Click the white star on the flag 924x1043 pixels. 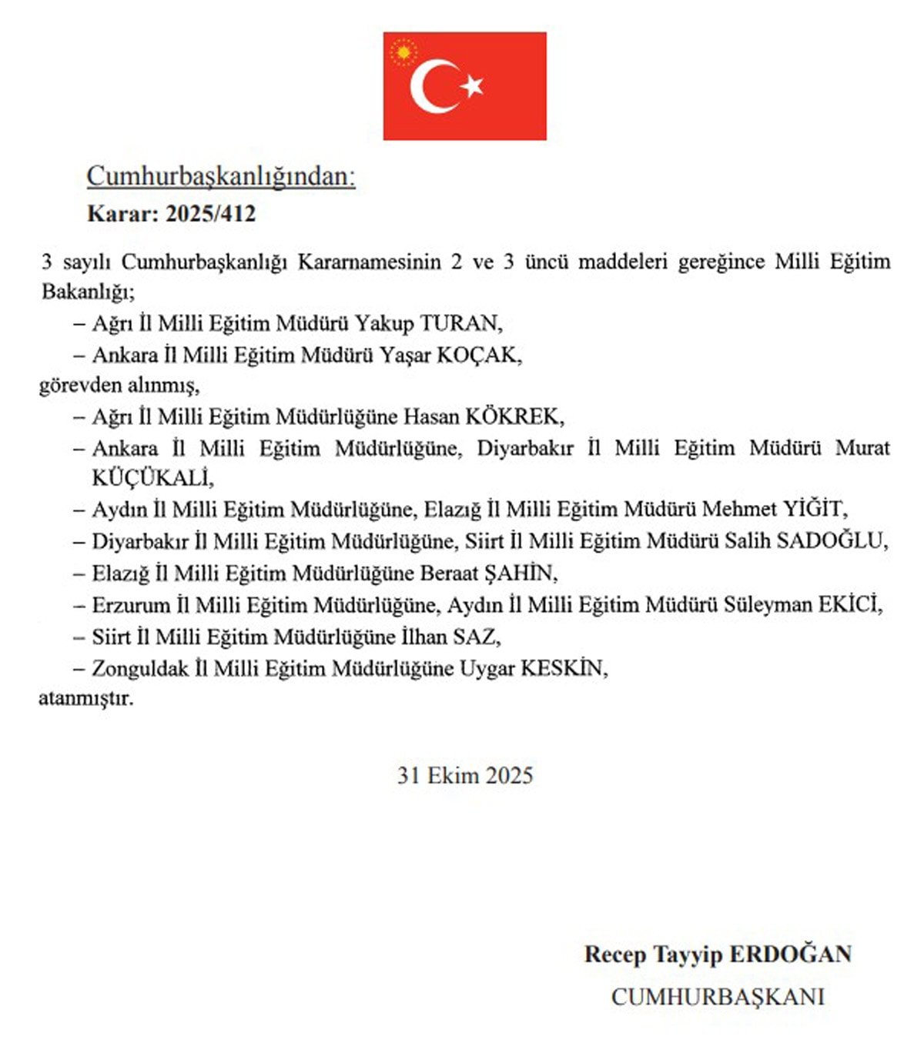tap(472, 85)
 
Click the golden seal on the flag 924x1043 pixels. tap(403, 52)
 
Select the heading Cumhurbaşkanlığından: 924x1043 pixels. tap(221, 176)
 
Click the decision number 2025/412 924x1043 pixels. tap(210, 213)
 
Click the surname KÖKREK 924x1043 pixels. tap(514, 417)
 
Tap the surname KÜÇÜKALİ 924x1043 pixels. tap(152, 478)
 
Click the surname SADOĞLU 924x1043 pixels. tap(832, 541)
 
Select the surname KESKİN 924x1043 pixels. tap(564, 669)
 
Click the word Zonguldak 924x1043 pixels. tap(140, 669)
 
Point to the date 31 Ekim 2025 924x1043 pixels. tap(465, 775)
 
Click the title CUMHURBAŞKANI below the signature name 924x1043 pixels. tap(718, 997)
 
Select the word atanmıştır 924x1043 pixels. tap(85, 700)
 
